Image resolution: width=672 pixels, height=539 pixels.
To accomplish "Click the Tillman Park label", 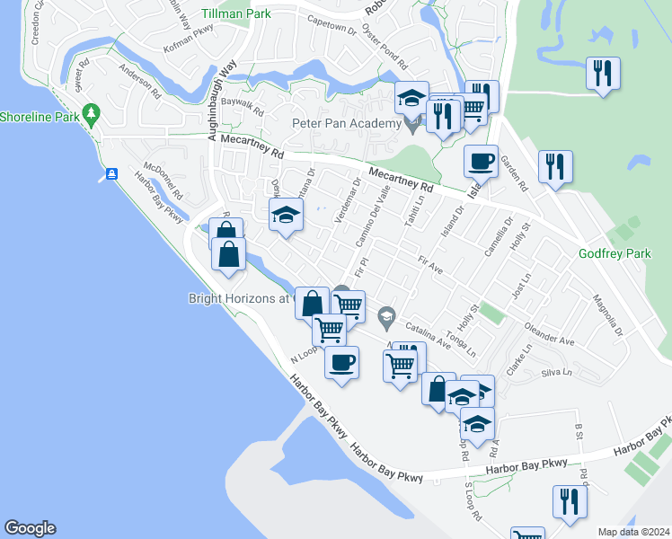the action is [x=237, y=14].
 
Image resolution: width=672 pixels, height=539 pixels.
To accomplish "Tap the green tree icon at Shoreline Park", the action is [x=90, y=113].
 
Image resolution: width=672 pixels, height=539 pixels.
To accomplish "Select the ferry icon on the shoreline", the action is [x=111, y=173].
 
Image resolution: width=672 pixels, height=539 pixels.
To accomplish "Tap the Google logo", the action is [x=30, y=528].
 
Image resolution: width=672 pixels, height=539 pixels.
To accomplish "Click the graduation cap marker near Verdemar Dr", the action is [x=286, y=215].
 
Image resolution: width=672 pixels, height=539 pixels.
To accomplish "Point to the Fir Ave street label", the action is [x=431, y=263].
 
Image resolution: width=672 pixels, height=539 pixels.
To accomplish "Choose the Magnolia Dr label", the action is [x=606, y=318].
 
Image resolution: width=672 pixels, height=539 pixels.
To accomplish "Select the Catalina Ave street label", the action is [x=427, y=335].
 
